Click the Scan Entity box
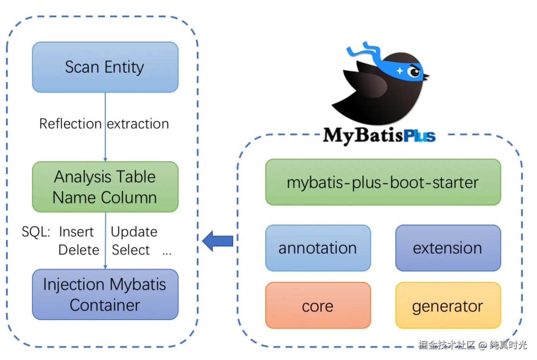(x=105, y=67)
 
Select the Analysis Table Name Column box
(x=105, y=187)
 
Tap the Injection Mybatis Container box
(x=105, y=294)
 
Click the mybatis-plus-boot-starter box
(x=383, y=182)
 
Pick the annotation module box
(x=318, y=248)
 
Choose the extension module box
(x=448, y=248)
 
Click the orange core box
(x=318, y=305)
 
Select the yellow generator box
(x=448, y=305)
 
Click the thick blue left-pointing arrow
(x=218, y=241)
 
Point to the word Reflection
(x=71, y=124)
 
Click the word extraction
(x=138, y=124)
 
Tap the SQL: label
(x=36, y=231)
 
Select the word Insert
(x=76, y=231)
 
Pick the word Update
(x=134, y=231)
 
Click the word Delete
(x=79, y=250)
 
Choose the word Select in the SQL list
(x=131, y=250)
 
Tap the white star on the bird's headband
(x=399, y=71)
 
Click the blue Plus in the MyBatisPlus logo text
(x=419, y=136)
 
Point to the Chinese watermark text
(x=473, y=345)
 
